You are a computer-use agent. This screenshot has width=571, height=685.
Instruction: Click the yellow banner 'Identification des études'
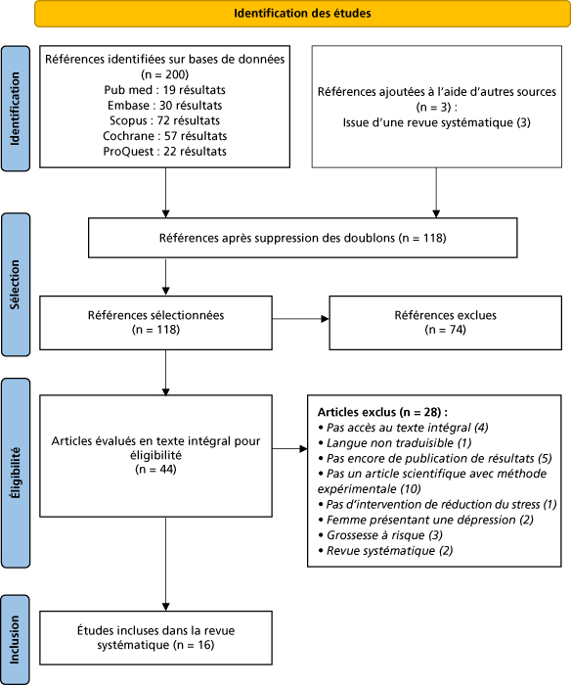(x=302, y=14)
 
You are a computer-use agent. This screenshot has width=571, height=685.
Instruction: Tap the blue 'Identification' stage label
(x=16, y=109)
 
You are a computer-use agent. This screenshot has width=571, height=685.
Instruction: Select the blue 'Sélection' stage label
(x=16, y=285)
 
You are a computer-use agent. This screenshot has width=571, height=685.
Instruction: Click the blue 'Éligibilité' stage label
(x=16, y=473)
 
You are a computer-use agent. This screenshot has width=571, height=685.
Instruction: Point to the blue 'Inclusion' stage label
(x=16, y=640)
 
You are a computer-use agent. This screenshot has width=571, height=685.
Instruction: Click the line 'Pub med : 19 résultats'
(x=164, y=90)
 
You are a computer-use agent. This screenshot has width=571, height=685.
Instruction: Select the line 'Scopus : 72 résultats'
(x=164, y=120)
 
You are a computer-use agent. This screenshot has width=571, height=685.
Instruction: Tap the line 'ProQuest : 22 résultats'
(x=164, y=152)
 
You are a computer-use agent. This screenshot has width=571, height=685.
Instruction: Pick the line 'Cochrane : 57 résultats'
(x=164, y=136)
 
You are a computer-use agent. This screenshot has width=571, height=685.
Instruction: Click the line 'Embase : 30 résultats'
(x=164, y=106)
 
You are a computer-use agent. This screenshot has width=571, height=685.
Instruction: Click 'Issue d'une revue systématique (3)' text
(x=436, y=122)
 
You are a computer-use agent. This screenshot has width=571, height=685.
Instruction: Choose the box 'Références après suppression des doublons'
(x=302, y=238)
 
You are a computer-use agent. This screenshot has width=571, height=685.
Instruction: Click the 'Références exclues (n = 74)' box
(x=445, y=323)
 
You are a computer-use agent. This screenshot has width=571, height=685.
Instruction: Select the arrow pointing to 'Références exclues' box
(x=300, y=319)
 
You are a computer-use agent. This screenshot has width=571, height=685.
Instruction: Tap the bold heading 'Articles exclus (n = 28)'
(x=382, y=412)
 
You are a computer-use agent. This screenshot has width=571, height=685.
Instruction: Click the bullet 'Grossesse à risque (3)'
(x=380, y=535)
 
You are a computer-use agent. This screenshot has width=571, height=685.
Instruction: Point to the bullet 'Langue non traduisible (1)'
(x=395, y=443)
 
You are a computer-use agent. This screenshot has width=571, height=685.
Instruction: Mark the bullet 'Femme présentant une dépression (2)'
(x=425, y=520)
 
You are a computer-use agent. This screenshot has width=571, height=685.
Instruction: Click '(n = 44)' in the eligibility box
(x=155, y=469)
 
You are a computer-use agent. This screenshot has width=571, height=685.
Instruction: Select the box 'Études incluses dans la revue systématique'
(x=155, y=638)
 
